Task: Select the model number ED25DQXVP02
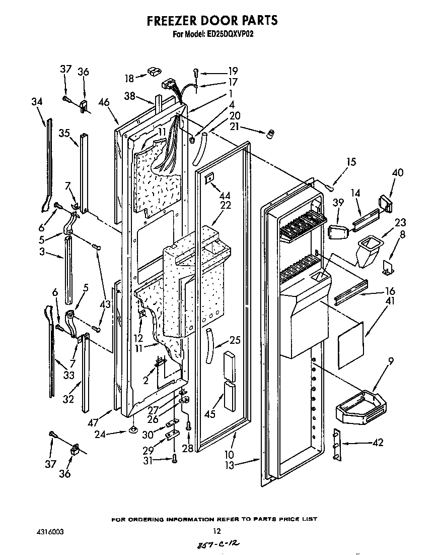225,35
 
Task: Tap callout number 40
397,172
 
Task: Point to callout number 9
391,361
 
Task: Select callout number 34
36,102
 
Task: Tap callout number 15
350,162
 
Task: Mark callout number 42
377,443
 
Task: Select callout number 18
129,78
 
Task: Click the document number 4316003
50,531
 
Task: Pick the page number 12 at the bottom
216,531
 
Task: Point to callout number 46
104,102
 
